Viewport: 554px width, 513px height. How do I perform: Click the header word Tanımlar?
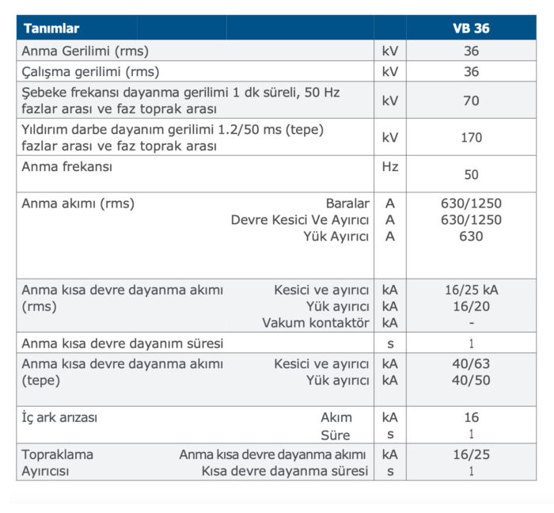coord(51,28)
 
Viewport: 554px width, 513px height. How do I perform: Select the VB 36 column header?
coord(471,28)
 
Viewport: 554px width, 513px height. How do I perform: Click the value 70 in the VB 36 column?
coord(471,101)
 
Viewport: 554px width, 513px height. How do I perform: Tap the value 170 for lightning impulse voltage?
coord(471,137)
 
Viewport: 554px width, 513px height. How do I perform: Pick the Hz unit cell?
coord(389,167)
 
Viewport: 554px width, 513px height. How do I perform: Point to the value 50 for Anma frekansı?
coord(471,174)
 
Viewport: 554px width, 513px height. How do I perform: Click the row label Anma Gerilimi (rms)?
coord(85,51)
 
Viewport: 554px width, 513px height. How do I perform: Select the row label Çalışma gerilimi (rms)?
coord(90,71)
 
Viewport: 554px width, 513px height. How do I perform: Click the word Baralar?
coord(347,203)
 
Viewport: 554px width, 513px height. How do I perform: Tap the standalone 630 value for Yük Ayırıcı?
coord(471,236)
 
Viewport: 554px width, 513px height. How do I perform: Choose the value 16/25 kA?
coord(472,290)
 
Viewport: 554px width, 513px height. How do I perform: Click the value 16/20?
coord(471,306)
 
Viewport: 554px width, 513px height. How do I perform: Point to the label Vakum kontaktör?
coord(316,323)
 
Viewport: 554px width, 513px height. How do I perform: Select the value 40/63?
coord(471,363)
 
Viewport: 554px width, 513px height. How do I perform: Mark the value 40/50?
coord(471,380)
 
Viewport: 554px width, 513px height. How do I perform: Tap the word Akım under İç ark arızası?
coord(336,417)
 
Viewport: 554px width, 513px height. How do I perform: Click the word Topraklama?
coord(57,454)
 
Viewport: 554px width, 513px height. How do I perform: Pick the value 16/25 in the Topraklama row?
coord(471,454)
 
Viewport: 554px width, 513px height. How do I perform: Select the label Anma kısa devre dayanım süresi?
coord(123,344)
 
